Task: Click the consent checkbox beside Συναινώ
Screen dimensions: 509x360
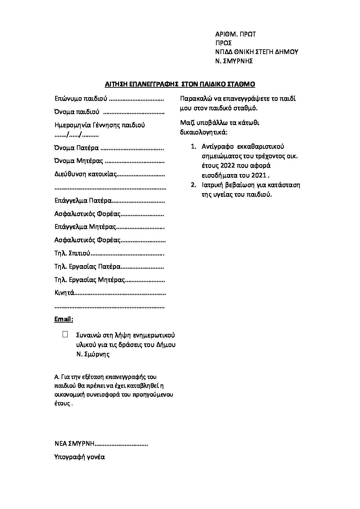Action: [x=65, y=334]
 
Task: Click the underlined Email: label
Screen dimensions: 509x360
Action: [x=64, y=319]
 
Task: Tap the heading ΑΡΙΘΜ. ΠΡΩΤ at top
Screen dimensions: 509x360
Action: [x=235, y=34]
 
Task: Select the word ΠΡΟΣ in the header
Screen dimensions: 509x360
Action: [x=224, y=43]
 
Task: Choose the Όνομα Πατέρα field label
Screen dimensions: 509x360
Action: [x=77, y=148]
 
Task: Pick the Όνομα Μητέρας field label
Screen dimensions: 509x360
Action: [x=79, y=161]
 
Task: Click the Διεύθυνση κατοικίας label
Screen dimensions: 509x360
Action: [x=86, y=174]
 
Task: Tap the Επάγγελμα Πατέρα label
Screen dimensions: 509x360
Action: [x=83, y=201]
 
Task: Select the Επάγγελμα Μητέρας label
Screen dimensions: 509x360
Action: [x=85, y=227]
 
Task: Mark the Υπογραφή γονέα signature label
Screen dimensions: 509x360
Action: [x=80, y=457]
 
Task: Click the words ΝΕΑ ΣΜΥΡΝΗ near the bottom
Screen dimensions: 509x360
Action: [x=74, y=444]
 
